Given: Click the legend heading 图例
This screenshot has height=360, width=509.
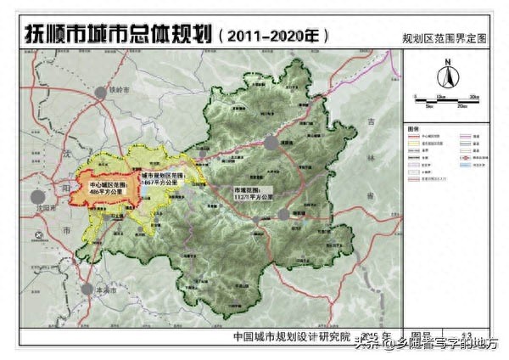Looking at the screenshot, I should coord(414,129).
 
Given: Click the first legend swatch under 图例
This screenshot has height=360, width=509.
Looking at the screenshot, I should coord(416,137).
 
